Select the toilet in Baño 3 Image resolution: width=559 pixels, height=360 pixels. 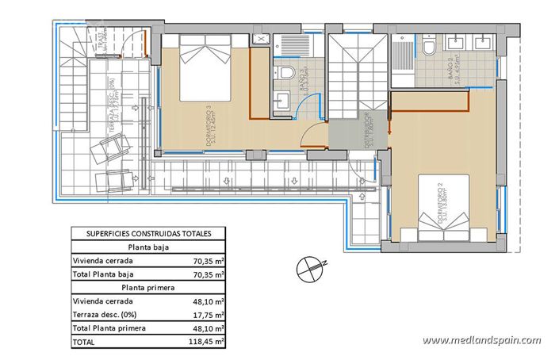point(288,74)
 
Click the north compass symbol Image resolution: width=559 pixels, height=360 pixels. point(309,268)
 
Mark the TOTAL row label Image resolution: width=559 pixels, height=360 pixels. point(83,342)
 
